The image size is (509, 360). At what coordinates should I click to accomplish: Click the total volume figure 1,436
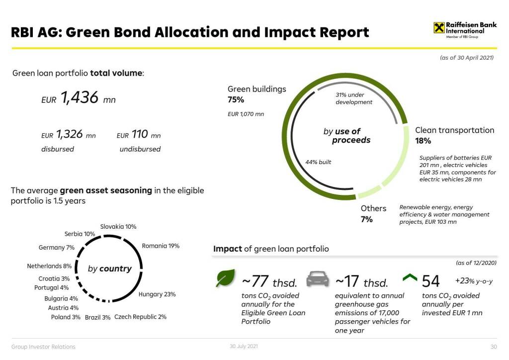[x=80, y=98]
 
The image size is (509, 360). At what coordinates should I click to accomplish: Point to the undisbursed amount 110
[x=140, y=134]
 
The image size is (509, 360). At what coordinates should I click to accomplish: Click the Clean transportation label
[x=454, y=130]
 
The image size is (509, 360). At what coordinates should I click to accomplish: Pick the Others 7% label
[x=373, y=213]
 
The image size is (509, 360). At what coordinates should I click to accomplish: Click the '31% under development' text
[x=353, y=98]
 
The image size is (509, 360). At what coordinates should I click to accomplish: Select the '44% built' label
[x=318, y=162]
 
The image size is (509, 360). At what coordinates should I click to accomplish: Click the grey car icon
[x=317, y=279]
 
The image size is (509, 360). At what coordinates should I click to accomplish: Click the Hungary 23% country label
[x=157, y=294]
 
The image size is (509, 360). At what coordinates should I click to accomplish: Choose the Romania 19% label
[x=161, y=246]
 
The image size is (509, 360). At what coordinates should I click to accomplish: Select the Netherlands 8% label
[x=50, y=266]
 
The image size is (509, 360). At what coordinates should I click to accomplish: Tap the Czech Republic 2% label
[x=140, y=317]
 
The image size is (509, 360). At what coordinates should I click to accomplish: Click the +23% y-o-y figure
[x=474, y=281]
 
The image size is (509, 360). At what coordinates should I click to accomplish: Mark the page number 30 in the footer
[x=494, y=347]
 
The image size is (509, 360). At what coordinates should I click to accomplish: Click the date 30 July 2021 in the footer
[x=244, y=346]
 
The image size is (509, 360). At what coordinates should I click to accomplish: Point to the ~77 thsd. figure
[x=269, y=282]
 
